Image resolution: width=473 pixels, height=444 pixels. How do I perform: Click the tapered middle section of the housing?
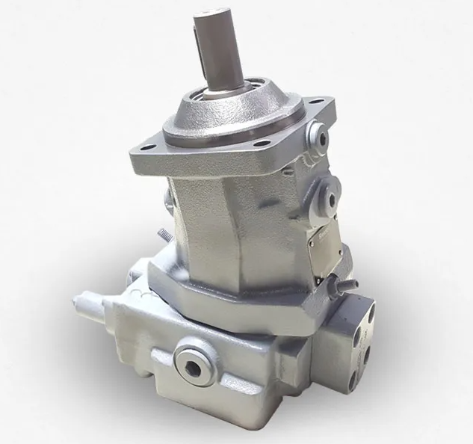[x=224, y=232]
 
